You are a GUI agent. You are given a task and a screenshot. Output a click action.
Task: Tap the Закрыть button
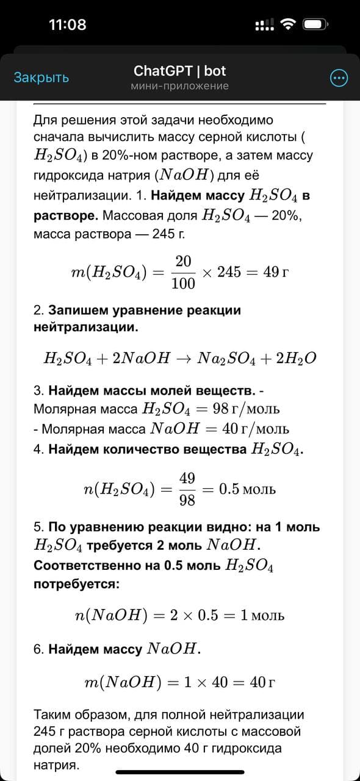[x=41, y=77]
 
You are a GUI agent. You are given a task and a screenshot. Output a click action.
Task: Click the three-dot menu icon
[x=339, y=78]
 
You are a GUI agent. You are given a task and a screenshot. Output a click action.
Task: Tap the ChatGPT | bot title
[x=179, y=71]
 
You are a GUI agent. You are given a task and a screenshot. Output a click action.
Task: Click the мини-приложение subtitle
[x=179, y=86]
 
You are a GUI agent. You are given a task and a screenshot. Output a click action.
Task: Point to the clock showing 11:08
[x=67, y=24]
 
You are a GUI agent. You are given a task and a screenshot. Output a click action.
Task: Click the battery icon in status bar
[x=317, y=24]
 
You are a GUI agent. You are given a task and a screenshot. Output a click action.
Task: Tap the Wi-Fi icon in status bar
[x=287, y=24]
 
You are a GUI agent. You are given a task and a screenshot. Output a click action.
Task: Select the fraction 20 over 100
[x=183, y=272]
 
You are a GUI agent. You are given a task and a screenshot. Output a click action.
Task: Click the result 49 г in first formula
[x=276, y=272]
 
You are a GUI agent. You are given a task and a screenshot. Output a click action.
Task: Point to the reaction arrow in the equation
[x=184, y=358]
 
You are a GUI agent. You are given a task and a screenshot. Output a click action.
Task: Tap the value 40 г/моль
[x=256, y=428]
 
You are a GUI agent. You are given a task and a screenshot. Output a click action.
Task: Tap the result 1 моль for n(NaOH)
[x=262, y=615]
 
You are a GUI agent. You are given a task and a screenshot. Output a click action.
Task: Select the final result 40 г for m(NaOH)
[x=262, y=682]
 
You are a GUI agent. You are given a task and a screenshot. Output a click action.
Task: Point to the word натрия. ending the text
[x=57, y=764]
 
